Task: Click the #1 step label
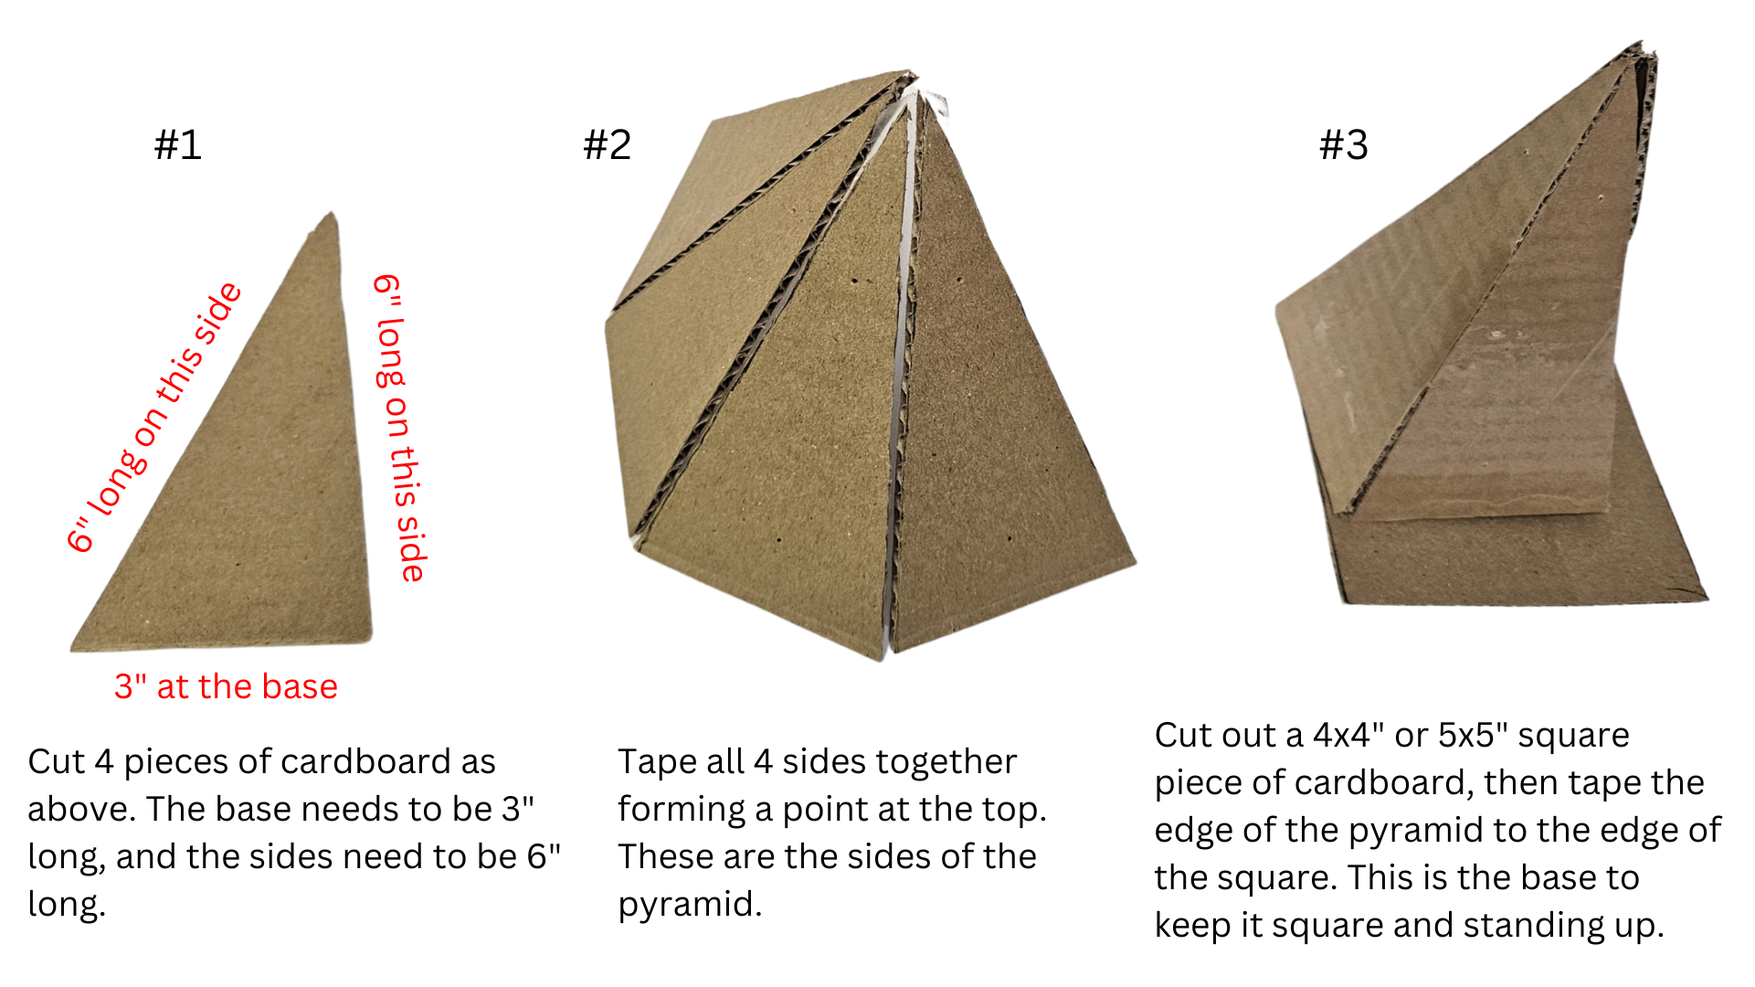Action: pyautogui.click(x=178, y=144)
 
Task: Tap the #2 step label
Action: pyautogui.click(x=608, y=144)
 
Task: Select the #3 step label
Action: pyautogui.click(x=1344, y=144)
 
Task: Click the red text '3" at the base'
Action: pyautogui.click(x=226, y=686)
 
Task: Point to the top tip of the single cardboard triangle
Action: pyautogui.click(x=333, y=213)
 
